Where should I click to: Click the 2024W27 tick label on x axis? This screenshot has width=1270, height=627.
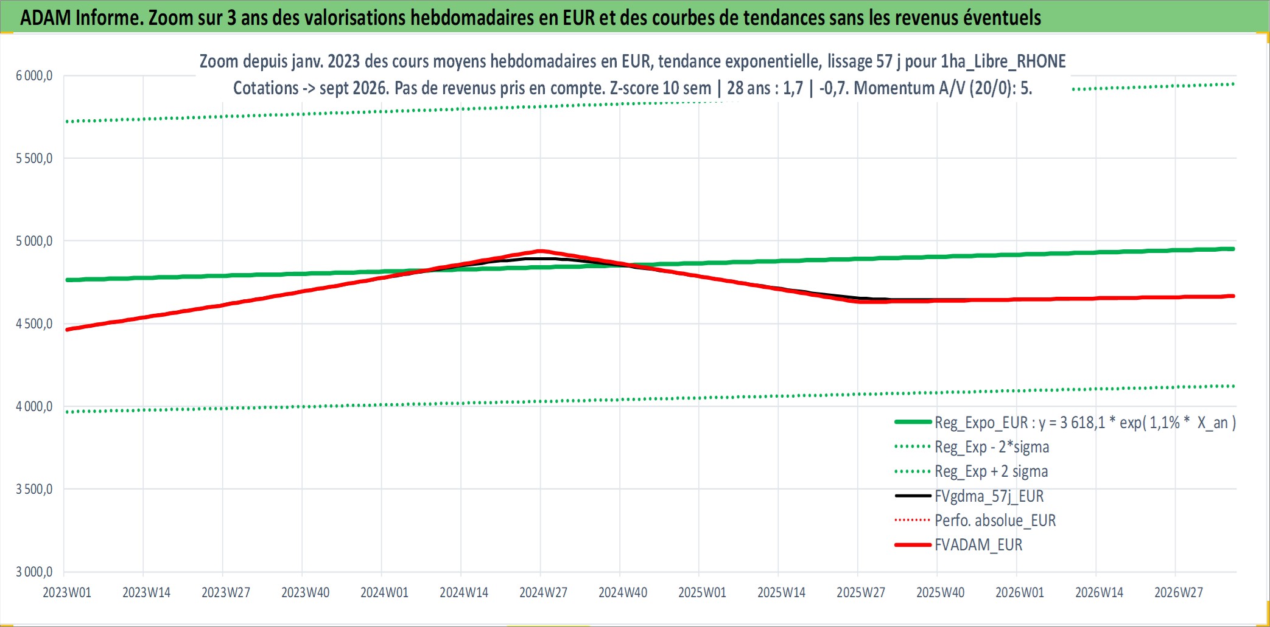[543, 592]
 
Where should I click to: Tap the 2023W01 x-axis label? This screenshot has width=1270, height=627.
[67, 592]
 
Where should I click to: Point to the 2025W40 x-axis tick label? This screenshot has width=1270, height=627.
[941, 592]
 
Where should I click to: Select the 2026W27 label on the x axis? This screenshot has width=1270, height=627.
[1179, 592]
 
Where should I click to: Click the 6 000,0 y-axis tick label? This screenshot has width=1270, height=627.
[34, 75]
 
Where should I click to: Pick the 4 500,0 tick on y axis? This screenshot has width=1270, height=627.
[34, 324]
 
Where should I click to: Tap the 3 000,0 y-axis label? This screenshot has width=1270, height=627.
[34, 572]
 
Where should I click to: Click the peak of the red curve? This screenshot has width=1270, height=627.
[540, 251]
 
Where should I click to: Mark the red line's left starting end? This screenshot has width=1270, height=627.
[67, 330]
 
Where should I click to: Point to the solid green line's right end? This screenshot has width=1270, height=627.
[1233, 249]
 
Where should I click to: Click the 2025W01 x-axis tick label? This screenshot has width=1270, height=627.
[703, 592]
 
